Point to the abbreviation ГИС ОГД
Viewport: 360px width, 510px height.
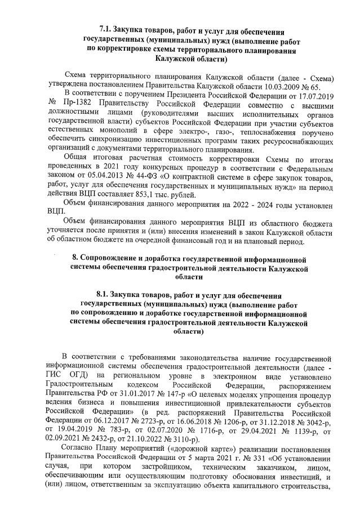point(52,372)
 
